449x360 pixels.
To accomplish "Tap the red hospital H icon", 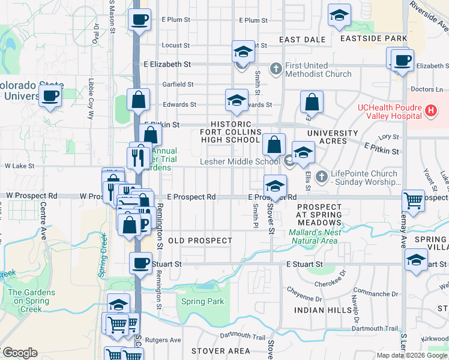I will point(430,110).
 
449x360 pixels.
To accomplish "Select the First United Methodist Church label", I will point(318,70).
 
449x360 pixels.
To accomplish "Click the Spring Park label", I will point(202,302).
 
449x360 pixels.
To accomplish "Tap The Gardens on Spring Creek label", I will point(31,301).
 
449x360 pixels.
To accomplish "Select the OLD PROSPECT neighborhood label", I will point(200,241).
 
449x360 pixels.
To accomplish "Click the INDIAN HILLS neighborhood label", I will point(323,310).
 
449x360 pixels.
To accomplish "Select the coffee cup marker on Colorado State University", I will point(50,95).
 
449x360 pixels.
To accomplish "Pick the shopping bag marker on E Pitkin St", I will point(150,134).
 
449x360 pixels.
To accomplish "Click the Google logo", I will point(20,353).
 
